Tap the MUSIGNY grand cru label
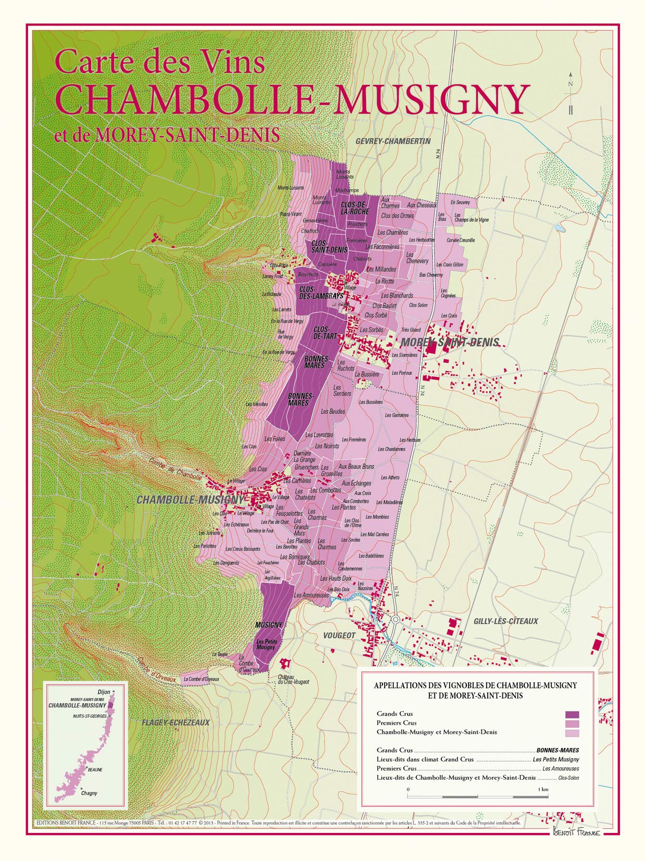point(269,625)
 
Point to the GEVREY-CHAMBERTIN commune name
point(393,141)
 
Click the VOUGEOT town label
point(339,636)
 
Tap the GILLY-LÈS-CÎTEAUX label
point(505,621)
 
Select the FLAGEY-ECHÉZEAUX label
point(175,723)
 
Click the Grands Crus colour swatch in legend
point(572,715)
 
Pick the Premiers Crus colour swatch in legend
point(572,724)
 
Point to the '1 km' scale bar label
point(543,789)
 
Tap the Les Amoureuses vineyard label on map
point(311,595)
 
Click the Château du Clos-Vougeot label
point(293,679)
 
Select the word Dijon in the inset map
point(104,692)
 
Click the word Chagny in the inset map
point(89,793)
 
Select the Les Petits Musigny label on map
point(266,644)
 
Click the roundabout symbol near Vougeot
point(395,619)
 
